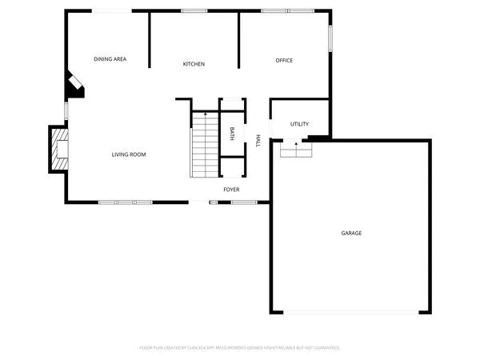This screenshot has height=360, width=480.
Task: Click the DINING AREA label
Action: click(110, 59)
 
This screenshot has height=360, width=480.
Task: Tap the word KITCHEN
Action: click(194, 64)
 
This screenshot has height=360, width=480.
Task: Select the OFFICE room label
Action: click(284, 61)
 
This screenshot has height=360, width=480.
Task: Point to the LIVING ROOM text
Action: click(128, 154)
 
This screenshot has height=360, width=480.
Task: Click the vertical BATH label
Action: click(232, 132)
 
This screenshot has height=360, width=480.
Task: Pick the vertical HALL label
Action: click(258, 140)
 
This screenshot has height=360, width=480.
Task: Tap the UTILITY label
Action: click(299, 124)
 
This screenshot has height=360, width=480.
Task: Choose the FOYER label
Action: click(231, 190)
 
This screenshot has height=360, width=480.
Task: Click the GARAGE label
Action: click(351, 233)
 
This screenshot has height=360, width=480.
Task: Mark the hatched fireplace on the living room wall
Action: click(59, 150)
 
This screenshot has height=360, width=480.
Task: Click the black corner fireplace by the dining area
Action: click(74, 85)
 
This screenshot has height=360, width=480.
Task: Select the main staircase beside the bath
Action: click(205, 144)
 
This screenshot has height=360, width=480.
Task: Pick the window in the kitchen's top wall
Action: click(194, 10)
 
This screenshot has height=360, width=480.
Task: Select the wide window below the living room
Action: click(125, 202)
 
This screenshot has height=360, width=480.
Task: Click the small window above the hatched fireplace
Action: click(66, 110)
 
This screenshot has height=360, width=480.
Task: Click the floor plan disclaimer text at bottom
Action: click(240, 348)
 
